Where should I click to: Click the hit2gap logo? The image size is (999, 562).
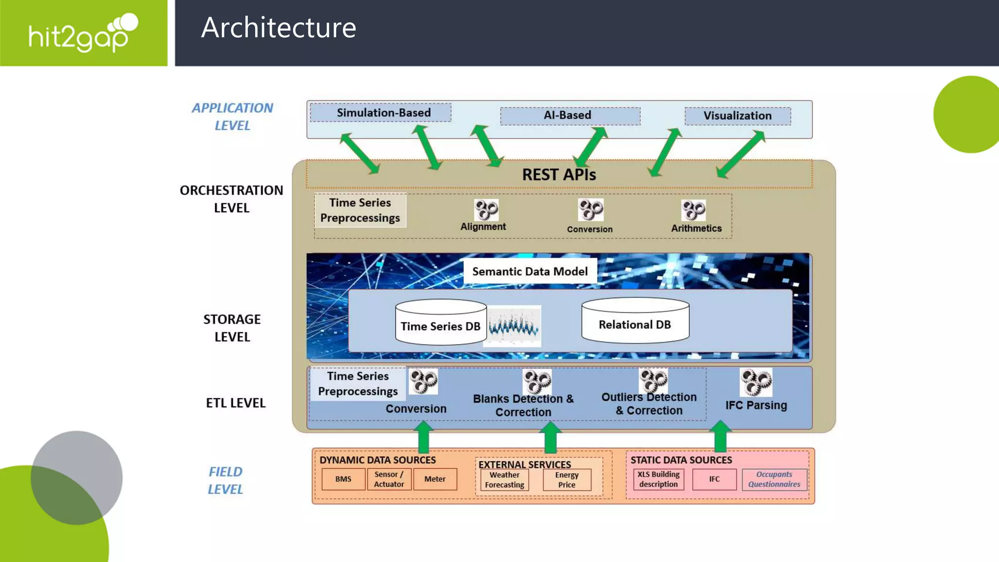pyautogui.click(x=83, y=33)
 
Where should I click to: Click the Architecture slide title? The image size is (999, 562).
pyautogui.click(x=279, y=27)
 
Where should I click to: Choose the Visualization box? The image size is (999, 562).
pyautogui.click(x=738, y=116)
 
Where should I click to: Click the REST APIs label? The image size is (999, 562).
pyautogui.click(x=559, y=175)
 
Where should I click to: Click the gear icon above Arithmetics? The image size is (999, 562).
pyautogui.click(x=693, y=210)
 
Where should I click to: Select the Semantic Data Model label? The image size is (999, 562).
pyautogui.click(x=530, y=271)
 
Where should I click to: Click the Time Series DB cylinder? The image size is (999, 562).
pyautogui.click(x=440, y=323)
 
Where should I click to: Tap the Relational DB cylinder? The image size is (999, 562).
pyautogui.click(x=635, y=321)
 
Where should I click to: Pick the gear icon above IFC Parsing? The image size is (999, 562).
pyautogui.click(x=756, y=382)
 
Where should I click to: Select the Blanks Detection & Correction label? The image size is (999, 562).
pyautogui.click(x=523, y=405)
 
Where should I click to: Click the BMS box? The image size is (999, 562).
pyautogui.click(x=343, y=479)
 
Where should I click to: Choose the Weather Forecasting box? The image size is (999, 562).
pyautogui.click(x=504, y=480)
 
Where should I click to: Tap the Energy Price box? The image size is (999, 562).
pyautogui.click(x=566, y=480)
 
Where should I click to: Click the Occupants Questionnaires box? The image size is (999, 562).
pyautogui.click(x=774, y=479)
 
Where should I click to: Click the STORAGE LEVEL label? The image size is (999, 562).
pyautogui.click(x=232, y=328)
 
